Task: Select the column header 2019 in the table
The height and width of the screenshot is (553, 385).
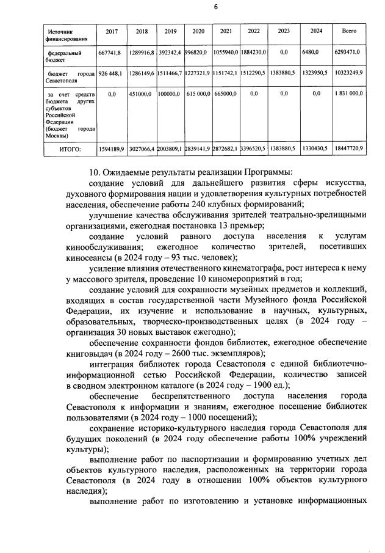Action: [170, 31]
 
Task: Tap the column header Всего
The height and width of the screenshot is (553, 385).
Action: [349, 31]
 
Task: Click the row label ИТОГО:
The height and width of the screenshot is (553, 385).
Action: [70, 148]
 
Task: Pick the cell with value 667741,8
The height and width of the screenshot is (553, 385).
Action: [110, 53]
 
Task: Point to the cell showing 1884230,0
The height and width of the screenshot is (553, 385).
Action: [254, 53]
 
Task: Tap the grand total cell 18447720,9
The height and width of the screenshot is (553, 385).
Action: [348, 148]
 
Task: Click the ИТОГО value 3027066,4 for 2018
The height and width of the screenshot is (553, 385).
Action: [142, 148]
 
